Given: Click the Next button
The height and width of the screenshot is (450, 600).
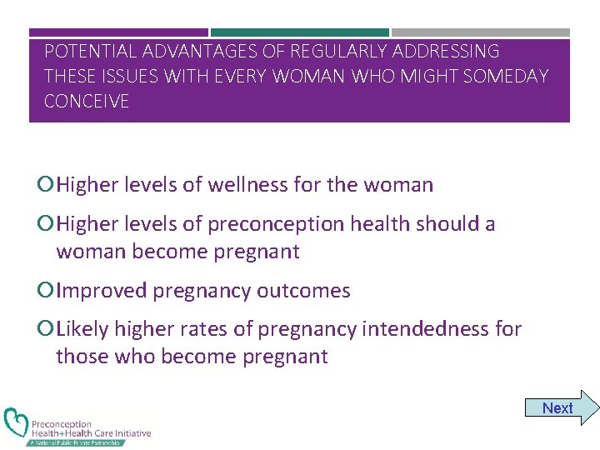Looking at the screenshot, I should point(558,408).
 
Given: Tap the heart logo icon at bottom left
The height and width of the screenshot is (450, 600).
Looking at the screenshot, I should point(16,423).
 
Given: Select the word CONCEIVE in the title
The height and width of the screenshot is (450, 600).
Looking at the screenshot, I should point(87,102).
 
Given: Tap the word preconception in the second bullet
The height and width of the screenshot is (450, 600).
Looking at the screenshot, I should point(267,224).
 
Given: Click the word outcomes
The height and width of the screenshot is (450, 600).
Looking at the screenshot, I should point(303,291).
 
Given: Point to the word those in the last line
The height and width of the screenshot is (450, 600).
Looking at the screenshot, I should point(80,357).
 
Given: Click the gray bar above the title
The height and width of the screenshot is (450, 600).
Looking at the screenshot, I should point(481,32).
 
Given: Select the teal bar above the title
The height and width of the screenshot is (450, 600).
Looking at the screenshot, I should point(299,32).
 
